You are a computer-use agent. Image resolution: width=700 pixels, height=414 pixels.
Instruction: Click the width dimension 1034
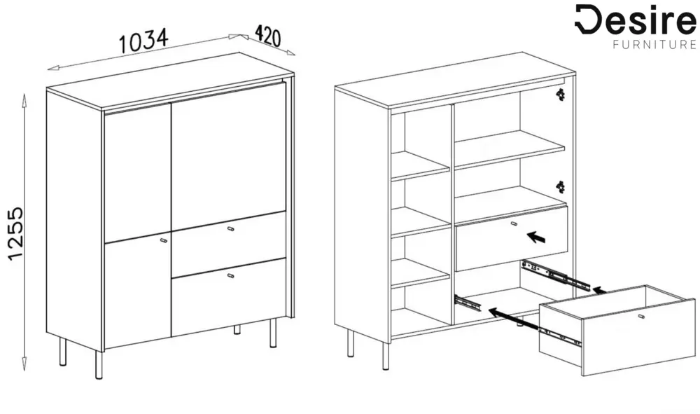tap(143, 40)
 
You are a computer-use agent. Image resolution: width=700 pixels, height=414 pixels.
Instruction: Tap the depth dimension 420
tap(267, 36)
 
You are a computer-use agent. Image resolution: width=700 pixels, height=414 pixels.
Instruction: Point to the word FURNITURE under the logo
tap(654, 45)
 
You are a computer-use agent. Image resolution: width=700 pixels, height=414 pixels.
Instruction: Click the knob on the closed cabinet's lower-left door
tap(163, 240)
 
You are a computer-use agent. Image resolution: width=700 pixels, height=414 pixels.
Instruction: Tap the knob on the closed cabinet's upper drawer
tap(230, 229)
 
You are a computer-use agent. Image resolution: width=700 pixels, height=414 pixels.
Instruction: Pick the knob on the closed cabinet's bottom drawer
tap(230, 275)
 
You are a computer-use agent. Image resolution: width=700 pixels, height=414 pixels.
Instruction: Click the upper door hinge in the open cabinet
tap(560, 95)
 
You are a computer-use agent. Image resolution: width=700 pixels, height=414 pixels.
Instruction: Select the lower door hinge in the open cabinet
tap(560, 186)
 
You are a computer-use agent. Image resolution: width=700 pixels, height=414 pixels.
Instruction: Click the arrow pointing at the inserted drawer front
tap(536, 237)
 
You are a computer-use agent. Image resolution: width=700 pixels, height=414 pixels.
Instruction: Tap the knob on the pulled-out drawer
tap(641, 317)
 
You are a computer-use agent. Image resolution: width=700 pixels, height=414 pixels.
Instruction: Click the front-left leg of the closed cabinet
tap(99, 365)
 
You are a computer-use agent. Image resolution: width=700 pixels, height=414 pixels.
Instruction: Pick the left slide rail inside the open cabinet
tap(468, 303)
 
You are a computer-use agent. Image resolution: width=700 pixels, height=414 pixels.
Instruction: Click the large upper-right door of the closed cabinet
tap(228, 156)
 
